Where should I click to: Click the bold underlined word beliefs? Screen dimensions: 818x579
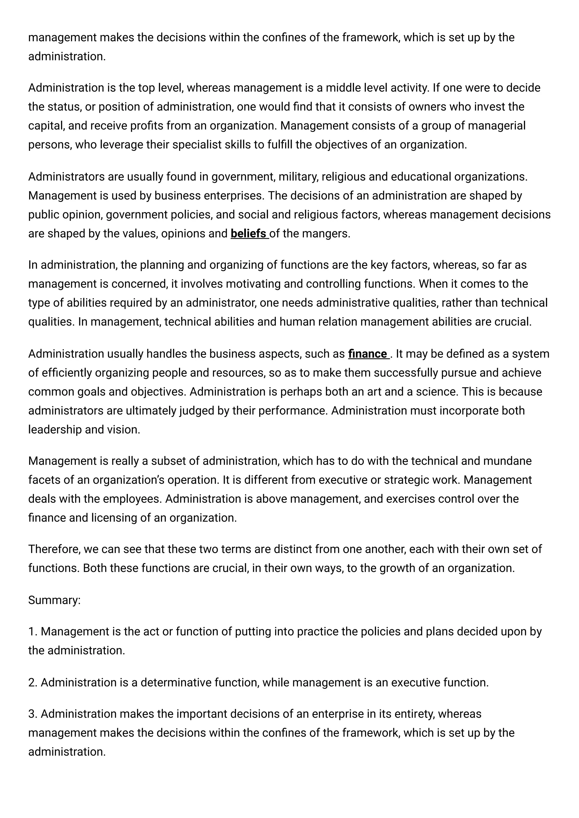(x=249, y=234)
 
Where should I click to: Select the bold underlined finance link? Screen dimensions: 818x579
(x=368, y=354)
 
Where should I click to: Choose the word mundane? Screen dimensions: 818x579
(x=507, y=461)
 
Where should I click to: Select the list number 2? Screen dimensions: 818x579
(x=33, y=682)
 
